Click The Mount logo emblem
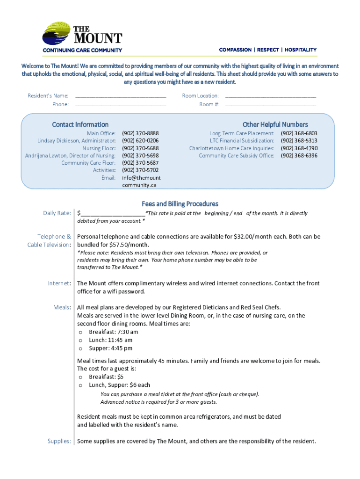[x=57, y=34]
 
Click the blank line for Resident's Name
[x=120, y=96]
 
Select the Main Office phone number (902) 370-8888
[x=140, y=133]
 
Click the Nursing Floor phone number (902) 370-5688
[x=140, y=148]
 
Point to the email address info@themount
[x=141, y=178]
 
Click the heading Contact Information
[x=80, y=124]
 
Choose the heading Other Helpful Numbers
[x=275, y=124]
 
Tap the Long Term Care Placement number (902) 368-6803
[x=299, y=133]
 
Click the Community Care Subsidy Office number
[x=299, y=156]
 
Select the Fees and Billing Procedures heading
[x=180, y=204]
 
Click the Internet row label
[x=59, y=283]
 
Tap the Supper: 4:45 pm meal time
[x=111, y=348]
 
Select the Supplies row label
[x=59, y=441]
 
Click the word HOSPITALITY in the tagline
[x=301, y=50]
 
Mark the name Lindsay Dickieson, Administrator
[x=77, y=141]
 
